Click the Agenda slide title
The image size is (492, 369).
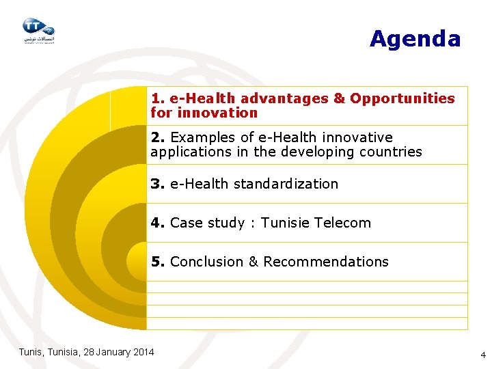pyautogui.click(x=415, y=39)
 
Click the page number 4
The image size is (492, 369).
pyautogui.click(x=483, y=355)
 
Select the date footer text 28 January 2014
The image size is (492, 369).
pyautogui.click(x=118, y=352)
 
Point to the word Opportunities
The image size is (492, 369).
pyautogui.click(x=402, y=98)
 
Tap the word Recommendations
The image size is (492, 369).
pyautogui.click(x=326, y=262)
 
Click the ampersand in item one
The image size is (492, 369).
pyautogui.click(x=339, y=98)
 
